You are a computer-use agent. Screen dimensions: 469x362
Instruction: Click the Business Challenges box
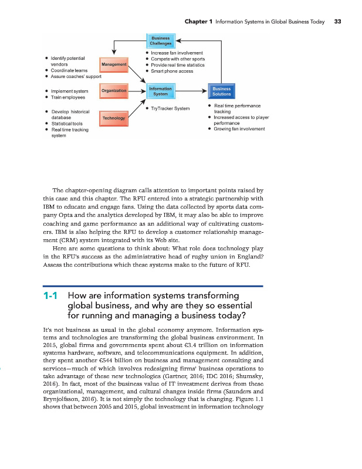pyautogui.click(x=160, y=41)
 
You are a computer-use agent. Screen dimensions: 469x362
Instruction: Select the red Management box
pyautogui.click(x=114, y=64)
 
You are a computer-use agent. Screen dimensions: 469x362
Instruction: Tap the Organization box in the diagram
pyautogui.click(x=113, y=91)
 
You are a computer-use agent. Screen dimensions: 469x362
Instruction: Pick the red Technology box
pyautogui.click(x=113, y=118)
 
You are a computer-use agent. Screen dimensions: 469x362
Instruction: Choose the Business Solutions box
pyautogui.click(x=222, y=91)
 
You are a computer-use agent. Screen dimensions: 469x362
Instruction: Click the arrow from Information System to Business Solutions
pyautogui.click(x=191, y=91)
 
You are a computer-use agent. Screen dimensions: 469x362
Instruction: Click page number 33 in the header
pyautogui.click(x=337, y=22)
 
